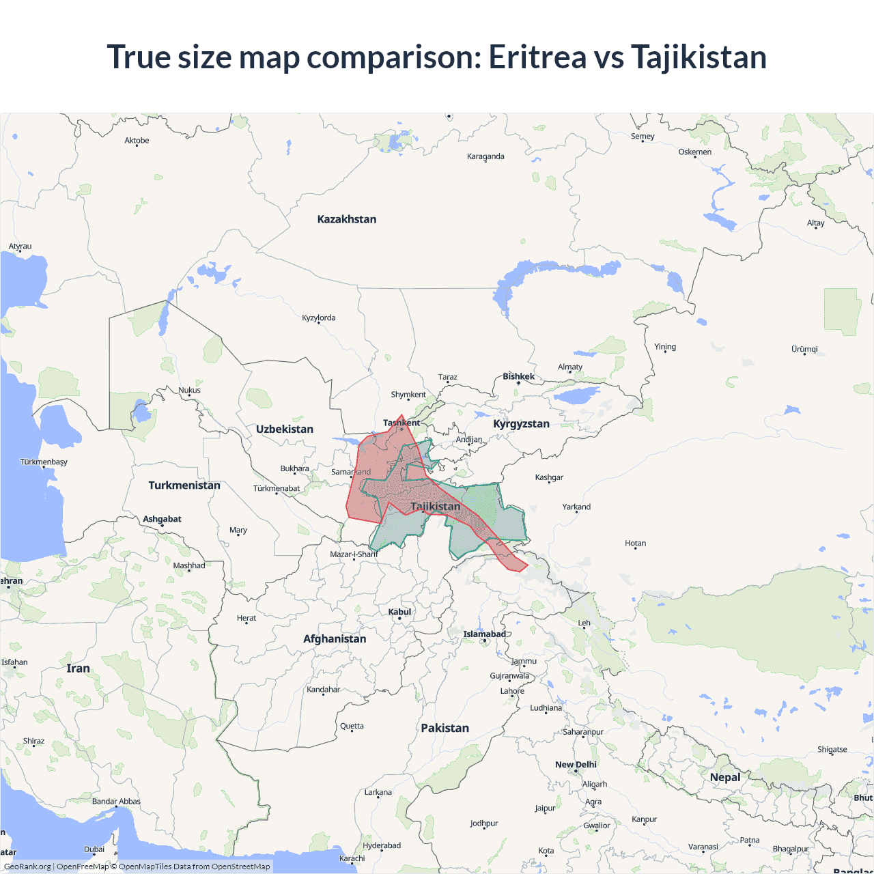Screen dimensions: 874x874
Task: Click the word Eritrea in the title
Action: click(x=537, y=57)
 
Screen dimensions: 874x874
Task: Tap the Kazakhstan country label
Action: click(x=347, y=219)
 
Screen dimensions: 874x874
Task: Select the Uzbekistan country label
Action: click(x=285, y=429)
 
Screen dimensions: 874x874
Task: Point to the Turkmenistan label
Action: click(x=184, y=485)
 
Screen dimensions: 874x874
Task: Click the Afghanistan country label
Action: click(x=335, y=639)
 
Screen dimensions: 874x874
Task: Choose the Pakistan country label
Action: click(x=445, y=728)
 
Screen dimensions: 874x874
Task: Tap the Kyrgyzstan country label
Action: click(x=521, y=424)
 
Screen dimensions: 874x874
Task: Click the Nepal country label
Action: click(x=725, y=777)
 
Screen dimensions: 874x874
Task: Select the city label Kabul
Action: click(x=399, y=612)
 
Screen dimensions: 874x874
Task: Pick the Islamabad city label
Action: click(x=485, y=634)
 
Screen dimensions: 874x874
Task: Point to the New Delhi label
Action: click(x=576, y=765)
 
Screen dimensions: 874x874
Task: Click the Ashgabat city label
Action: click(x=163, y=519)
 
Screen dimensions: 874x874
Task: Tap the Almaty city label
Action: click(x=570, y=367)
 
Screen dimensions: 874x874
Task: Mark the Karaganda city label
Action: click(x=485, y=156)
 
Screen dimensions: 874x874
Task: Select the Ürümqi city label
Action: click(x=804, y=349)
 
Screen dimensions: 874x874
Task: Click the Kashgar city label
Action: click(x=549, y=477)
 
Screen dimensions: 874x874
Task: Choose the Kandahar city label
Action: click(x=323, y=690)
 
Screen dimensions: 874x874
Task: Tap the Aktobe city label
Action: click(x=137, y=141)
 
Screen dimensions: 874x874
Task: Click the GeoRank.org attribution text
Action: click(x=27, y=866)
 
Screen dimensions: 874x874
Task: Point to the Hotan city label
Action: click(x=635, y=544)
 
